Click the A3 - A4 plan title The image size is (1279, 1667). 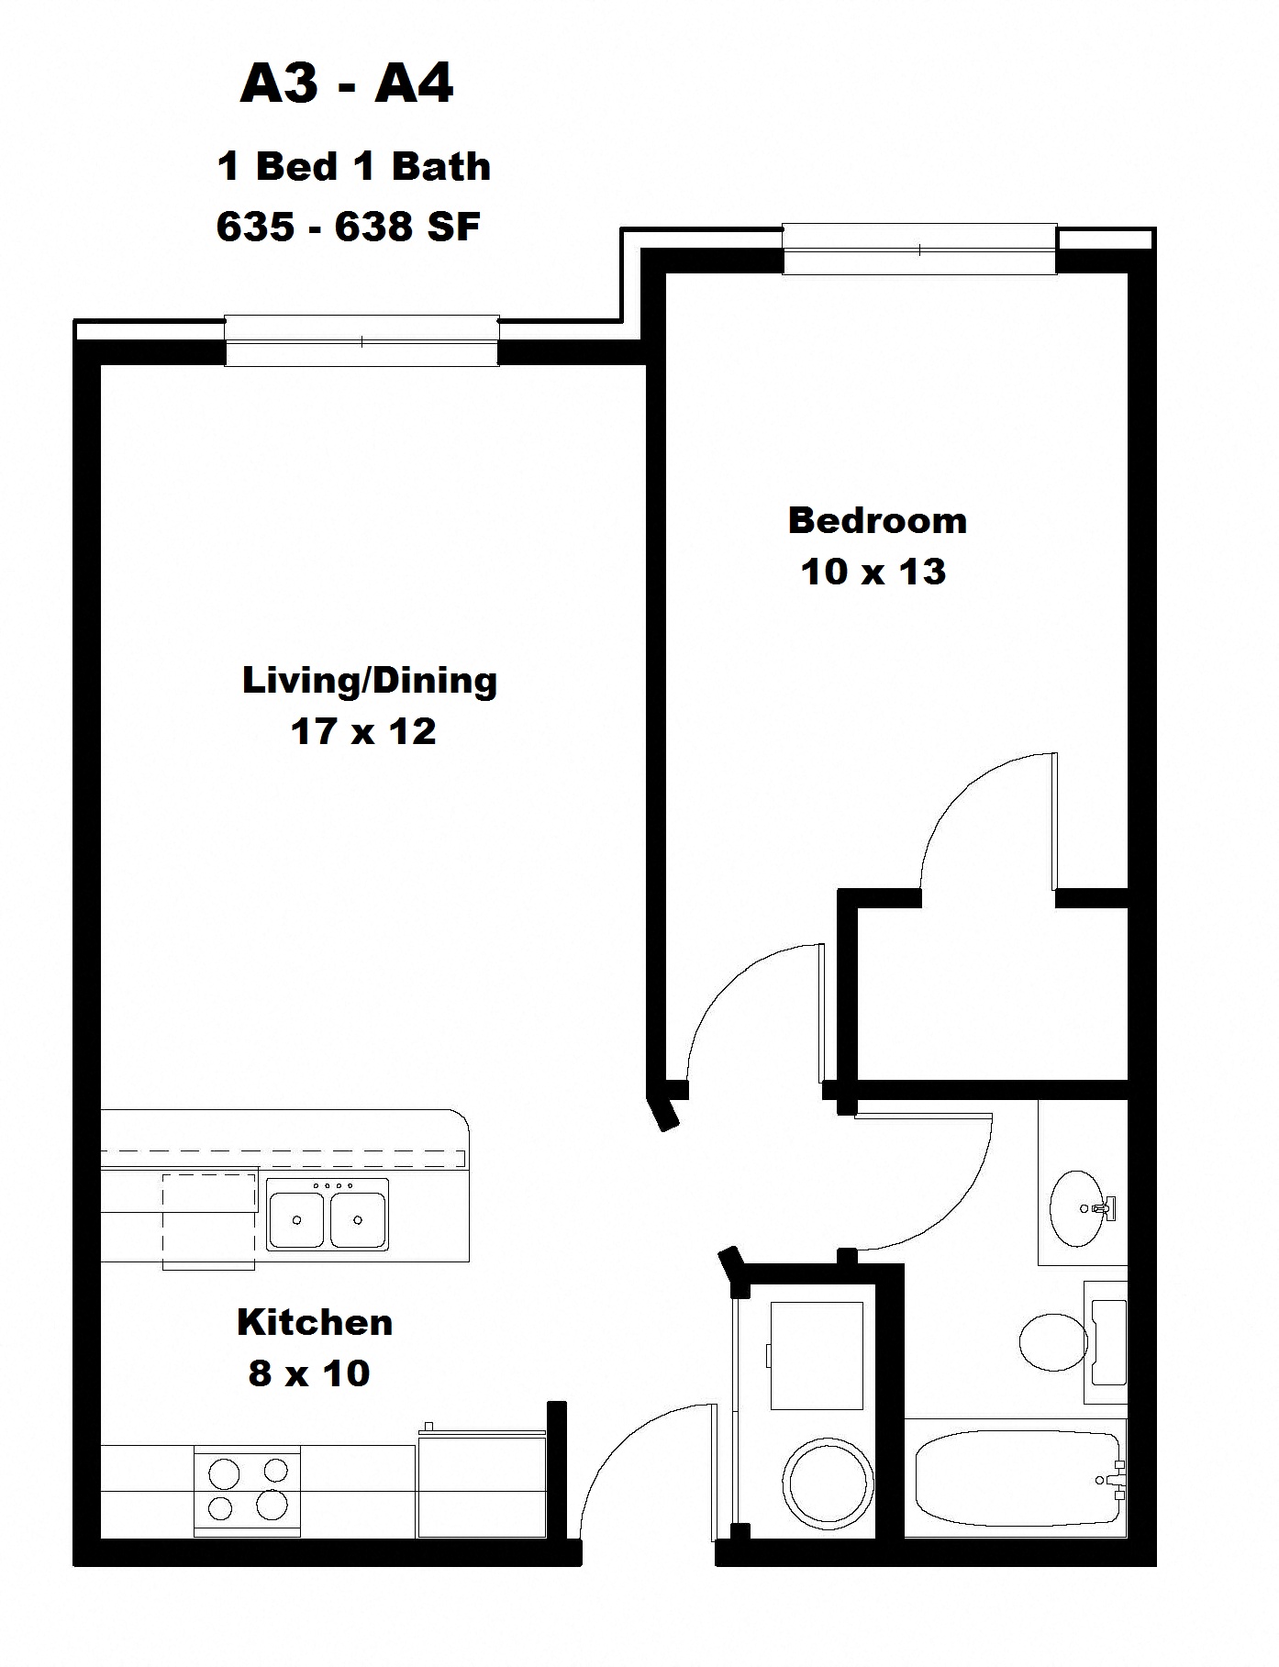pos(346,85)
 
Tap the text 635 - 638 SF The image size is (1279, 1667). pos(348,227)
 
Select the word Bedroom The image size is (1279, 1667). pos(877,520)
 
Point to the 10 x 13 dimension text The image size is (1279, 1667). pos(873,572)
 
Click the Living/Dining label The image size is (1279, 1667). pos(369,681)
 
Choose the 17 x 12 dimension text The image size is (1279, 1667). pos(362,732)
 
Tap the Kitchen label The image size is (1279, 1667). pos(315,1322)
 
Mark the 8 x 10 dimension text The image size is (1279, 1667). pos(308,1373)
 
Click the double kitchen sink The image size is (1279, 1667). pos(328,1215)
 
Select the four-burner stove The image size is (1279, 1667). pos(247,1490)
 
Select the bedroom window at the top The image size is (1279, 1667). pos(919,250)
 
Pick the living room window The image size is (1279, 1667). pos(362,341)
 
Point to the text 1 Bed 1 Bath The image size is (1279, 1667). pos(353,167)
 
